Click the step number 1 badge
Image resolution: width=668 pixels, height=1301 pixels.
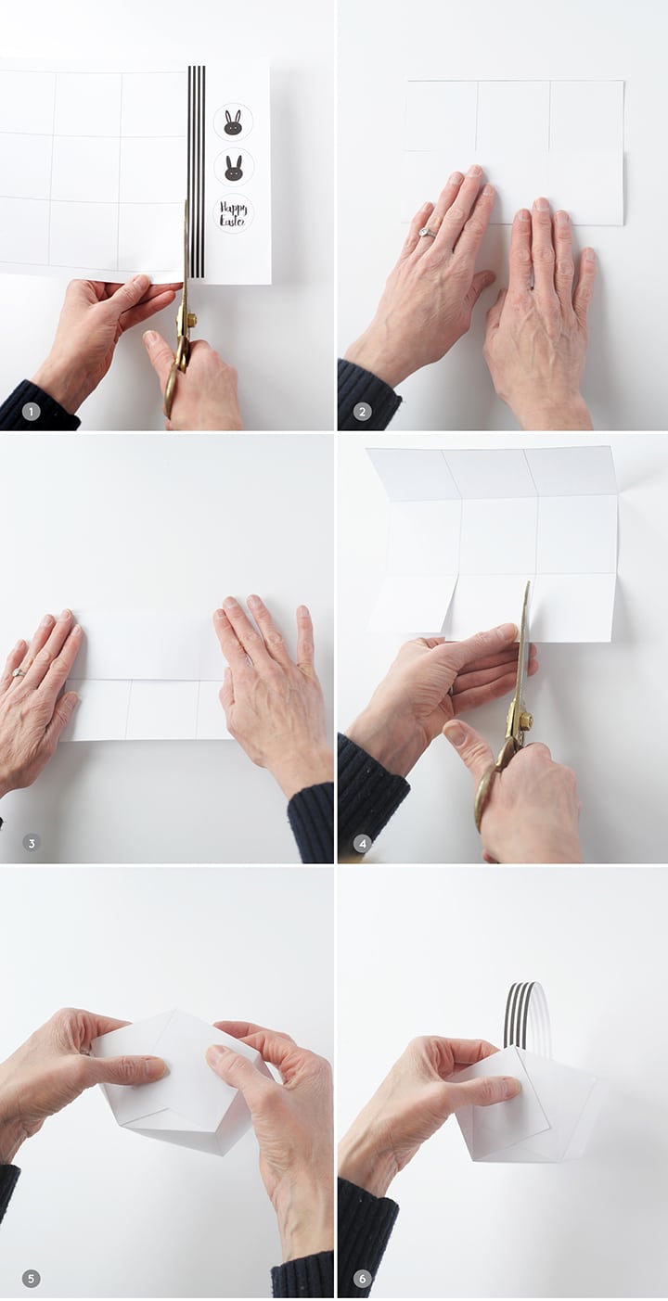31,413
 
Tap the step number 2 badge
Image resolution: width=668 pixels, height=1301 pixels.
362,413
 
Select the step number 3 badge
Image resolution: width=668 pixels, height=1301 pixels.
32,843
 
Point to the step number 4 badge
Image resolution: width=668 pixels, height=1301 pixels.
362,843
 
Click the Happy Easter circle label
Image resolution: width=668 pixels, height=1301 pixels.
234,213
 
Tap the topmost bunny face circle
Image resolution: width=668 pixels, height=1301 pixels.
234,122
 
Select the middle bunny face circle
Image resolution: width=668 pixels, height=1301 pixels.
234,168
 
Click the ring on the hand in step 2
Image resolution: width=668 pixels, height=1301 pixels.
428,233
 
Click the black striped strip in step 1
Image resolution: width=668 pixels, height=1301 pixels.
197,171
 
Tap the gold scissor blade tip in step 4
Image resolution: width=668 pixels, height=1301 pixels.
528,582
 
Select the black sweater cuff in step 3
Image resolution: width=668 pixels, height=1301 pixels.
310,822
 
